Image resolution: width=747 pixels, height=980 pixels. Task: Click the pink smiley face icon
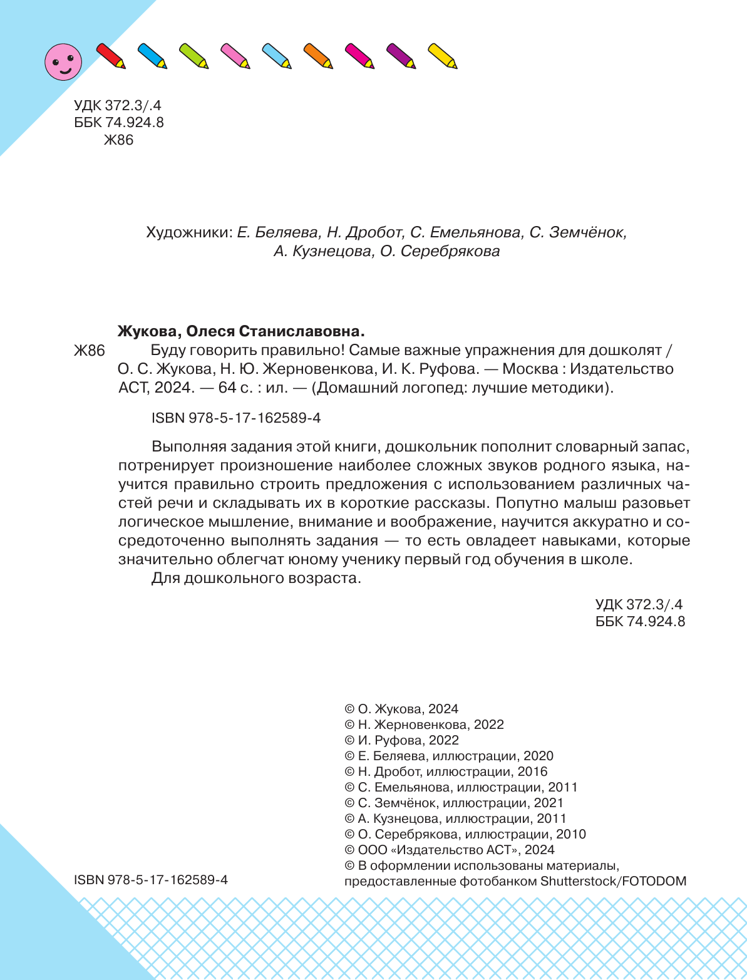63,61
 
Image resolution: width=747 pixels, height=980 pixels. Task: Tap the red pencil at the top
111,55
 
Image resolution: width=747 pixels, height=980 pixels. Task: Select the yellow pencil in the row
442,56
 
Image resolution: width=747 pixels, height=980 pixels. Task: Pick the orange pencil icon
317,56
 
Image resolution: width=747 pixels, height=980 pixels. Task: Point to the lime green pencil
193,56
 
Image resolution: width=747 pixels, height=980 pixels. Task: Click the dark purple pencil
401,56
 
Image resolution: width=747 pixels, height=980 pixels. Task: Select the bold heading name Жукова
149,331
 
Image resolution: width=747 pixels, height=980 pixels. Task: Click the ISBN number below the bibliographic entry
236,418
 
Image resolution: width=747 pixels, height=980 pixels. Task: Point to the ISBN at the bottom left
151,880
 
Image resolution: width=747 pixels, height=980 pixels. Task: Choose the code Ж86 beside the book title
89,351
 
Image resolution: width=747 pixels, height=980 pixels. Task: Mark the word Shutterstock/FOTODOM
613,881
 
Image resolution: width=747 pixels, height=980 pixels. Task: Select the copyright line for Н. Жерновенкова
424,725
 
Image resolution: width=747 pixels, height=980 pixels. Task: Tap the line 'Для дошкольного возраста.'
257,578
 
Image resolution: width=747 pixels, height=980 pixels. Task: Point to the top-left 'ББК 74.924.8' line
119,123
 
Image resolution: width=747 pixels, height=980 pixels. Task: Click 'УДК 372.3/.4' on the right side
639,604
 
